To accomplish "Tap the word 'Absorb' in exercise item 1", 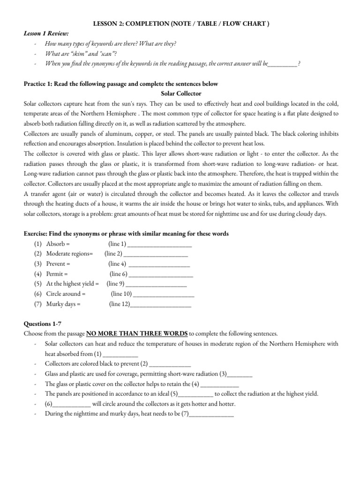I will [x=57, y=244].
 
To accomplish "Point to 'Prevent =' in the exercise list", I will [x=58, y=264].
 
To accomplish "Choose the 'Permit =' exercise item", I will [x=57, y=274].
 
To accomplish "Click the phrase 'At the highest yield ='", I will [x=73, y=284].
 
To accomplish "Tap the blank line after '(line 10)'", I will [x=164, y=294].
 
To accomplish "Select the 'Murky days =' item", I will [x=63, y=304].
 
